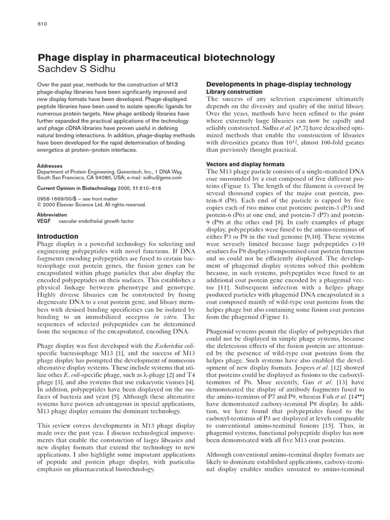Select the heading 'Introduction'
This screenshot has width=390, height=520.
click(58, 236)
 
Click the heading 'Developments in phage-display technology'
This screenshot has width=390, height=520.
click(278, 84)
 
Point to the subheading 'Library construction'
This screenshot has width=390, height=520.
click(234, 91)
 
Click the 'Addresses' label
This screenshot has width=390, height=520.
click(50, 166)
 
